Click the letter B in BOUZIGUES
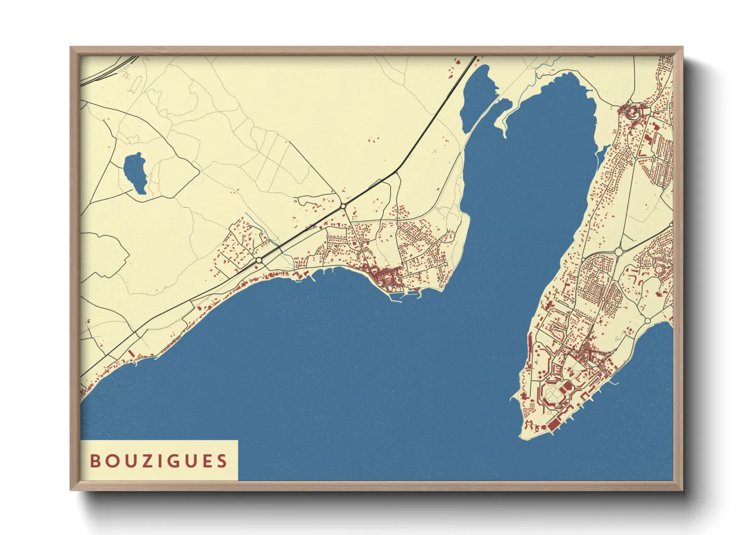pyautogui.click(x=95, y=461)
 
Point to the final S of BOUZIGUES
pyautogui.click(x=222, y=461)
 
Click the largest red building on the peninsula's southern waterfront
pyautogui.click(x=553, y=424)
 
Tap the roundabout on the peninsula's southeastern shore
pyautogui.click(x=648, y=321)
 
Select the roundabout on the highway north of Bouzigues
pyautogui.click(x=343, y=206)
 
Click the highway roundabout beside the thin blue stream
pyautogui.click(x=259, y=259)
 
